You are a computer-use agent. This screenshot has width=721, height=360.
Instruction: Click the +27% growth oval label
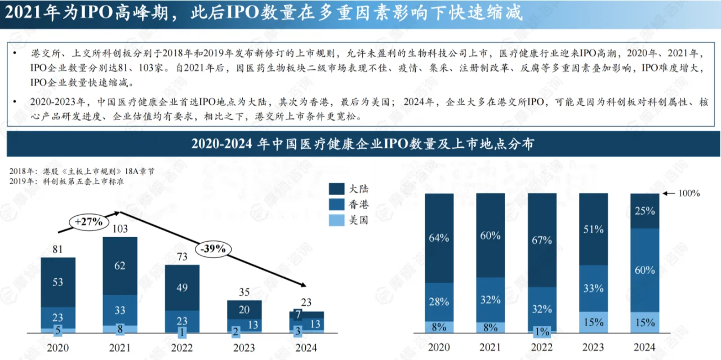(x=90, y=222)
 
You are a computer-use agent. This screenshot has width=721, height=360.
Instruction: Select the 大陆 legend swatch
(x=337, y=189)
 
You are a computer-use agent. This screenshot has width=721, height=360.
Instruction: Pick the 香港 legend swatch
(x=337, y=205)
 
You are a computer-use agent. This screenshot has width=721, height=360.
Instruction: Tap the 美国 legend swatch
(x=337, y=220)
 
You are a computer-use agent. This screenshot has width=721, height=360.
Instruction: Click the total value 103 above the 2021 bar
(x=120, y=229)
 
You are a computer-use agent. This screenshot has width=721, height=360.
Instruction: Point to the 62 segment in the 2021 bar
(x=120, y=265)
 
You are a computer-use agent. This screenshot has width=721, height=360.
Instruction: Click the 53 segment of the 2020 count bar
(x=58, y=282)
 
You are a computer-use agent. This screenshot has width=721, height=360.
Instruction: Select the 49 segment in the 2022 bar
(x=182, y=287)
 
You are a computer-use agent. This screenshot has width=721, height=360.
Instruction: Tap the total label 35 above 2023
(x=244, y=292)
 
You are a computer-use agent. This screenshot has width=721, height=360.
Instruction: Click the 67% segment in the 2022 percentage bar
(x=542, y=240)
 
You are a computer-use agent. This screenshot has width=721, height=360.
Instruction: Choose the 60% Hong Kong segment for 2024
(x=644, y=270)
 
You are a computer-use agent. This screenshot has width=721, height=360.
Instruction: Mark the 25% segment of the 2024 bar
(x=644, y=211)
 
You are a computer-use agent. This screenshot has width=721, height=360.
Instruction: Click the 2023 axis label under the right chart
(x=593, y=348)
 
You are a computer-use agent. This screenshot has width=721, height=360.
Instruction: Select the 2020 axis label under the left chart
(x=58, y=348)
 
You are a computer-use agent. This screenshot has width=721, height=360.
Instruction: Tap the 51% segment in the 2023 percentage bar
(x=593, y=229)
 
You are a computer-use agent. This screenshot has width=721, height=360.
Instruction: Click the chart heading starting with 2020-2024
(x=363, y=144)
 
